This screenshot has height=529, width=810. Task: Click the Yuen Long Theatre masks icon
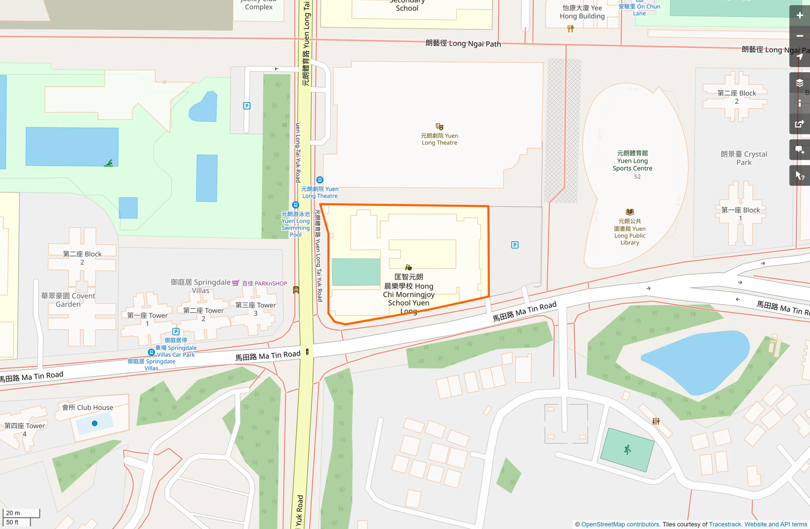point(439,126)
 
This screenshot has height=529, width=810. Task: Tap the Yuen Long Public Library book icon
point(629,212)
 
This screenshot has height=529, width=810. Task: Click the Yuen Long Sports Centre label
point(633,161)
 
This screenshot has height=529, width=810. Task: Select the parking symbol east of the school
point(514,245)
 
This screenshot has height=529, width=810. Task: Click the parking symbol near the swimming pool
point(247,106)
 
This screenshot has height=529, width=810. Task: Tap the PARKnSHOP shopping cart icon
point(236,283)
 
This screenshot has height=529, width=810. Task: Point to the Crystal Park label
point(743,158)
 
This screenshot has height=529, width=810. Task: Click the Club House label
point(88,407)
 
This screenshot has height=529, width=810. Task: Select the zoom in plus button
point(799,15)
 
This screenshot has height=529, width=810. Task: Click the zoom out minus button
point(799,36)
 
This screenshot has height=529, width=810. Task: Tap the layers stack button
point(799,83)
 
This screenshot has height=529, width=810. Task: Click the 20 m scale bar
point(21,513)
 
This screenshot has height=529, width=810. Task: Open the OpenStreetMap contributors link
point(620,524)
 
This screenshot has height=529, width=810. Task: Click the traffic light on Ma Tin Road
point(307,352)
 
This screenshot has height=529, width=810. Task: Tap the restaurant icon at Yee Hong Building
point(570,29)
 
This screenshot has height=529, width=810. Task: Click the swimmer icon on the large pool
point(108,163)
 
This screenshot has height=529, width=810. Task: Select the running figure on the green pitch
point(627,450)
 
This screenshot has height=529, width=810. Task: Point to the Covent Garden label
point(68,300)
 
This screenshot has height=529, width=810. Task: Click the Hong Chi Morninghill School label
point(409,294)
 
